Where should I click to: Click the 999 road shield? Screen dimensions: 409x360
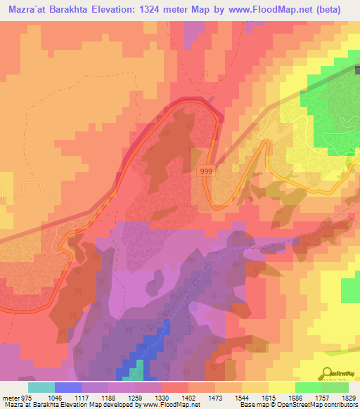click(x=205, y=171)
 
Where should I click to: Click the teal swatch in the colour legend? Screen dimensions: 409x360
click(x=41, y=387)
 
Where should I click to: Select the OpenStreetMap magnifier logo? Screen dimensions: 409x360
click(x=327, y=372)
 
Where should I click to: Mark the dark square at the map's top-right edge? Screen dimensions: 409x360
click(x=356, y=70)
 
